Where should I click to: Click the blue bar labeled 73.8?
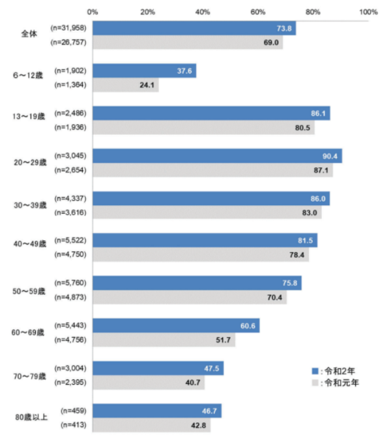pyautogui.click(x=194, y=29)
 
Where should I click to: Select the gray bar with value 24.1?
pyautogui.click(x=125, y=85)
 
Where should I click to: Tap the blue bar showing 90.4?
pyautogui.click(x=217, y=156)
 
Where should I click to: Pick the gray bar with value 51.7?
pyautogui.click(x=164, y=340)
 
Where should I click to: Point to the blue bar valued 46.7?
pyautogui.click(x=156, y=411)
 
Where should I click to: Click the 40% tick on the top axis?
pyautogui.click(x=203, y=12)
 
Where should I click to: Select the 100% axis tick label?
pyautogui.click(x=368, y=12)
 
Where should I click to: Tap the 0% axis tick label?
pyautogui.click(x=93, y=12)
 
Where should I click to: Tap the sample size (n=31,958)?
pyautogui.click(x=68, y=29)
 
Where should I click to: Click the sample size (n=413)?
pyautogui.click(x=73, y=425)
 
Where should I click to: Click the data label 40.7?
pyautogui.click(x=194, y=382)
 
